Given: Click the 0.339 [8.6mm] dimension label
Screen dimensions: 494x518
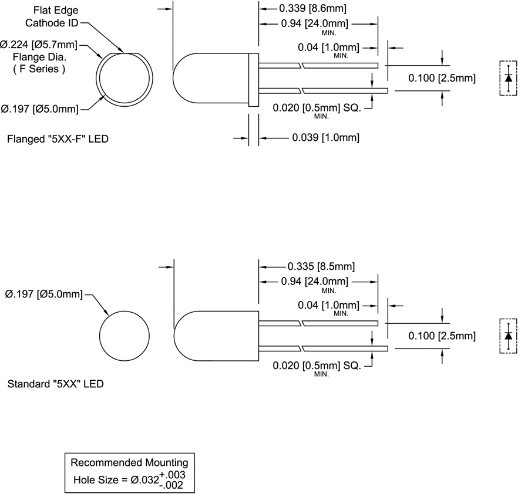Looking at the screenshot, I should [x=312, y=9].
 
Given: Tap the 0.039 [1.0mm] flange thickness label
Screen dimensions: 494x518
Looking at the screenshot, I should [x=325, y=138].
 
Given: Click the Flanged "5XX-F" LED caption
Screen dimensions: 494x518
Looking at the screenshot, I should [x=58, y=140].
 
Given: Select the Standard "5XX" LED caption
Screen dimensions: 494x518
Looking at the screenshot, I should [x=56, y=385].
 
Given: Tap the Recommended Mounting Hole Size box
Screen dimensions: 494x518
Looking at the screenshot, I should [x=130, y=471].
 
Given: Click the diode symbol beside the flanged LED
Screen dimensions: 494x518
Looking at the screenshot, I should [x=508, y=78].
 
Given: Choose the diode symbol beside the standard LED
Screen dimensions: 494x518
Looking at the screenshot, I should [x=508, y=336].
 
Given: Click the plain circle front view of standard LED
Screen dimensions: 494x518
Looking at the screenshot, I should [x=126, y=336].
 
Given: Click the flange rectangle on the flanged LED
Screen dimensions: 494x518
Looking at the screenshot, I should [x=253, y=79].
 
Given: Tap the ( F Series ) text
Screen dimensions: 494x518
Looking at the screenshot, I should [x=39, y=69].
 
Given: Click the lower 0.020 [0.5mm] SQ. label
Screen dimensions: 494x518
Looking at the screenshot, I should [x=318, y=366].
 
